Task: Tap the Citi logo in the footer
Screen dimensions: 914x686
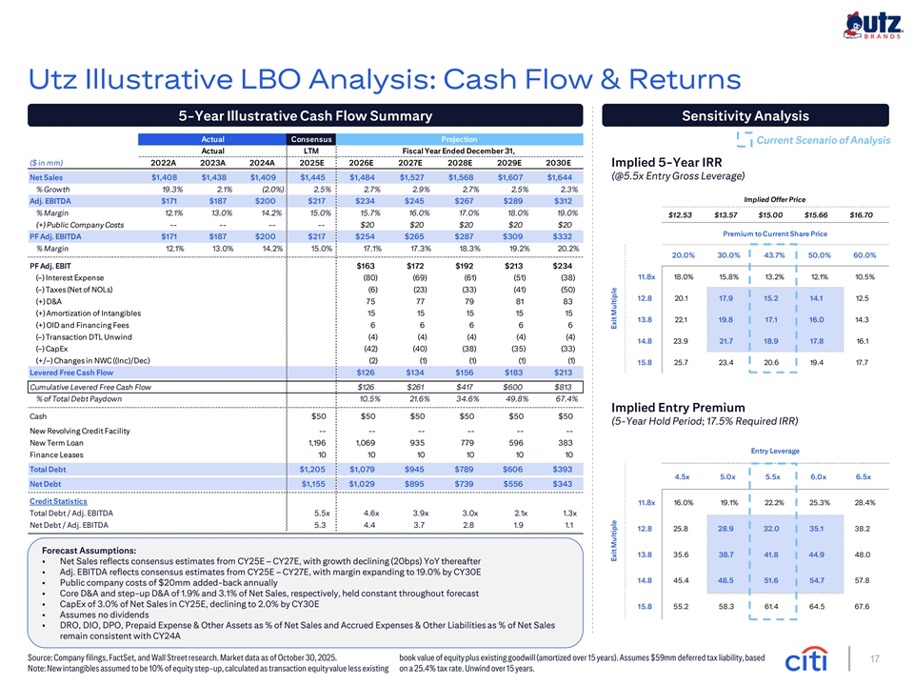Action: click(x=806, y=659)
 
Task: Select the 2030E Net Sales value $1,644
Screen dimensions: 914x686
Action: click(x=560, y=177)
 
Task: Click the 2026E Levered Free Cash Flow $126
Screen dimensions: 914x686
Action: click(x=366, y=373)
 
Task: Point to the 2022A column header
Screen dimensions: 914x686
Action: click(x=163, y=163)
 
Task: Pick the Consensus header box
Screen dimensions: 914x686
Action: click(x=311, y=139)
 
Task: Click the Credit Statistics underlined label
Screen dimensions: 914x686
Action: click(x=58, y=501)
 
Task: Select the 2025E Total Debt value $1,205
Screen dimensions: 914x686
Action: click(x=312, y=469)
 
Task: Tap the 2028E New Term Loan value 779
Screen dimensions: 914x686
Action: click(x=467, y=443)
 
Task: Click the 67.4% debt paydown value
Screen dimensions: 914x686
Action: click(x=566, y=399)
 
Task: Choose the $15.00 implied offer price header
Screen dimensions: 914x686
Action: click(x=770, y=215)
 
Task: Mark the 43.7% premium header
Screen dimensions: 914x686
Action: click(x=774, y=255)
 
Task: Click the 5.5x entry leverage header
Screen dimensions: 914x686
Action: click(x=772, y=476)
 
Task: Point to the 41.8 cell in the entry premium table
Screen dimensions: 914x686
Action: click(x=771, y=555)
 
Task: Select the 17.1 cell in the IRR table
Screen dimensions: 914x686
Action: click(x=771, y=320)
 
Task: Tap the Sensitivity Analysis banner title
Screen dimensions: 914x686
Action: click(x=745, y=115)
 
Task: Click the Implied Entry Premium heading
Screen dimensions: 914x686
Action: click(x=678, y=407)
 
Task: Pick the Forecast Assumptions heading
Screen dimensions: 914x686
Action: click(x=89, y=550)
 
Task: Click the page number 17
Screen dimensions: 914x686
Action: click(x=874, y=659)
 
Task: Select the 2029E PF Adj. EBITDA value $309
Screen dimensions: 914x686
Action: click(x=513, y=236)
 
